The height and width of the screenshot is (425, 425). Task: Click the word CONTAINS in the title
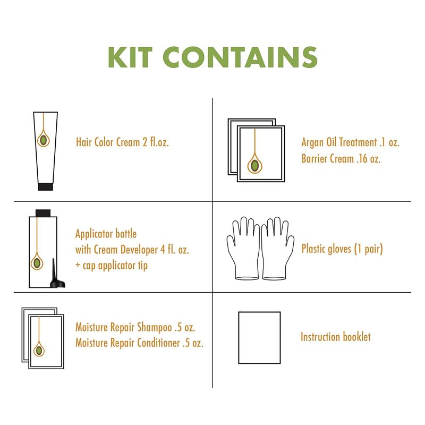tap(240, 57)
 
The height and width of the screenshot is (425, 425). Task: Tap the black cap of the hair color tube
tap(46, 187)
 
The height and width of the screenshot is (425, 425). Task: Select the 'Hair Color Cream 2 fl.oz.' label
tap(122, 142)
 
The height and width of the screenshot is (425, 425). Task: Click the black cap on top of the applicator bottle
tap(43, 213)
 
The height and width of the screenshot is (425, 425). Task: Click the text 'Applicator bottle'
tap(106, 234)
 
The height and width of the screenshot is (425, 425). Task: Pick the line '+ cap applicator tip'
tap(112, 265)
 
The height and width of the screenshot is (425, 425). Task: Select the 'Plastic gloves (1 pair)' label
tap(342, 249)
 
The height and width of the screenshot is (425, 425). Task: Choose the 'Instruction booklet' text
tap(336, 337)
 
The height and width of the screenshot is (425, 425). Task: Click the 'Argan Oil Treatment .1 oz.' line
tap(351, 142)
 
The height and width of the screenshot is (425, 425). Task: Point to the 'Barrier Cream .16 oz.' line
tap(341, 158)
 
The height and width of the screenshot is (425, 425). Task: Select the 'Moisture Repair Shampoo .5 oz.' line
tap(135, 327)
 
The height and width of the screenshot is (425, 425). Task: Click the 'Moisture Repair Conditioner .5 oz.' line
tap(139, 343)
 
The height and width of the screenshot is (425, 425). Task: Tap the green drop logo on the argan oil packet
tap(254, 165)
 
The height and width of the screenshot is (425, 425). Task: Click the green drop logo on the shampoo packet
tap(39, 351)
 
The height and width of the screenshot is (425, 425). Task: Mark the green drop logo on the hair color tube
tap(44, 140)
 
